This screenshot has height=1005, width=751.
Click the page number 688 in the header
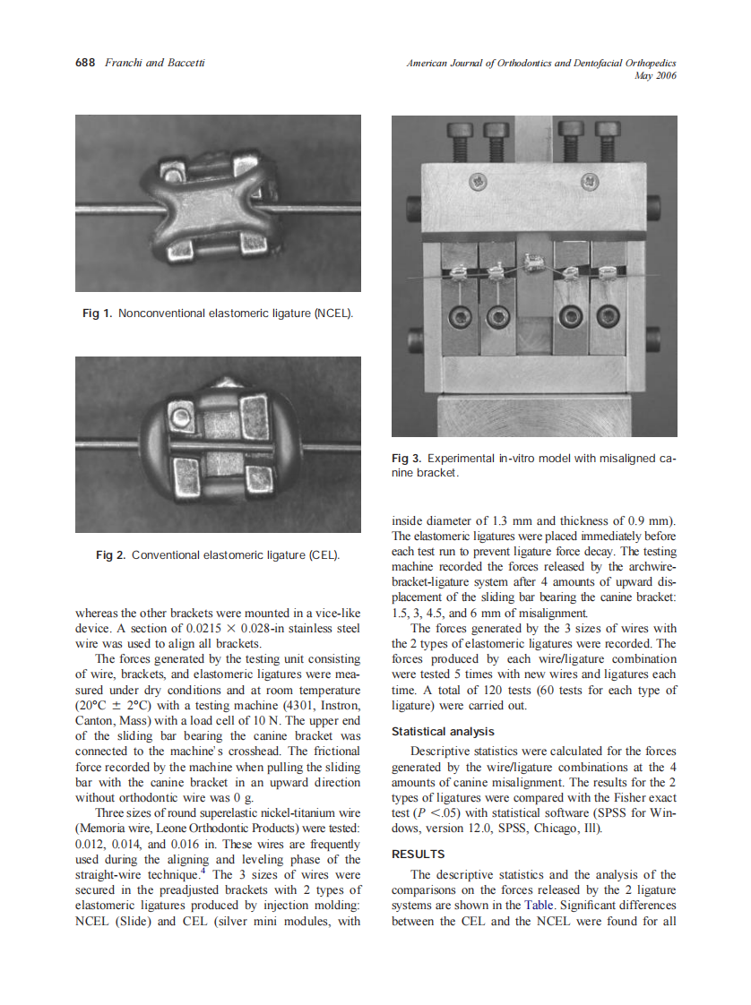coord(85,63)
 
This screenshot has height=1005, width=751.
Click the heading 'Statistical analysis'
coord(443,732)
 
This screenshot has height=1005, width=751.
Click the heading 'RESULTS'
coord(419,855)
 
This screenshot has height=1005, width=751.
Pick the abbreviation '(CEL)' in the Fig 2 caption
coord(324,555)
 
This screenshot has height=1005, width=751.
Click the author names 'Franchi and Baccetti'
coord(155,63)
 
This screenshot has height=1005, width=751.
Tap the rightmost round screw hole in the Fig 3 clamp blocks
coord(609,316)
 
